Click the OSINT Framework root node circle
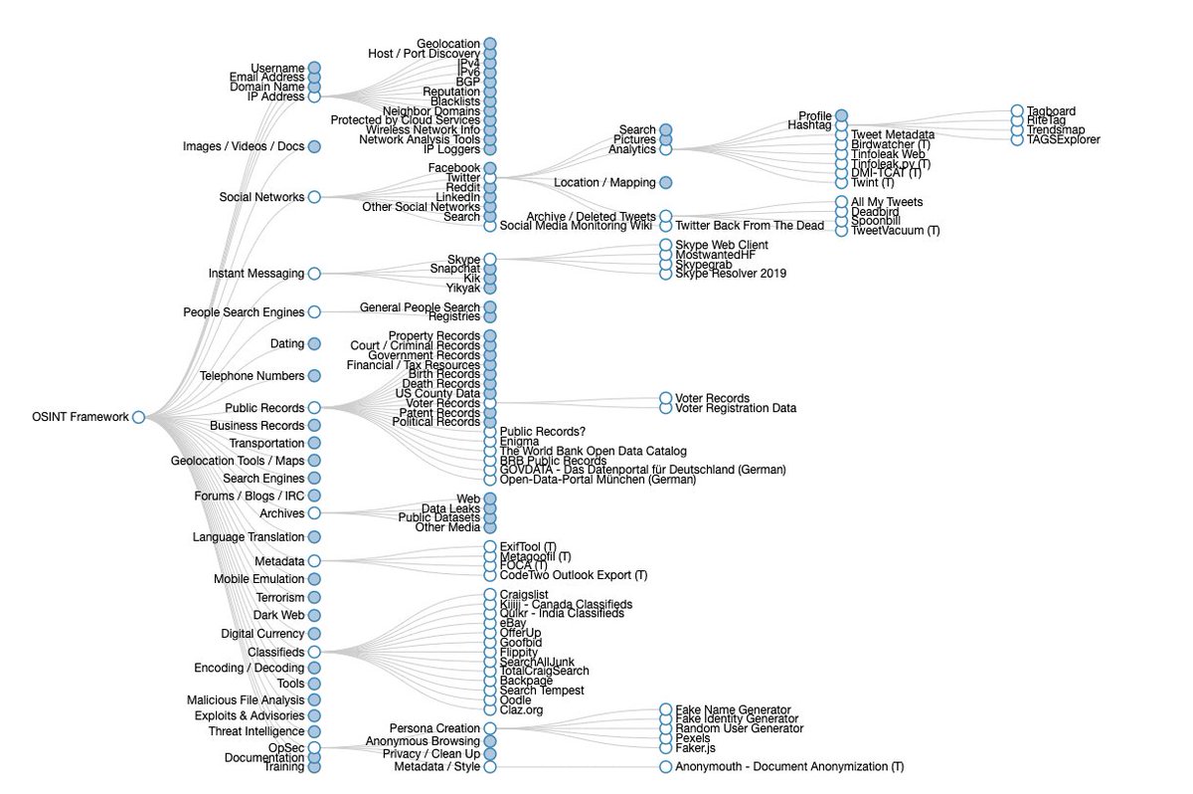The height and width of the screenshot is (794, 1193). click(138, 417)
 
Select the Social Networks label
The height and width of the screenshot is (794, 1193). click(261, 197)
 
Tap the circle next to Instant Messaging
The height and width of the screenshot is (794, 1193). click(314, 273)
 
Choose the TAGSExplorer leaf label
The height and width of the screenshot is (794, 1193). click(1064, 140)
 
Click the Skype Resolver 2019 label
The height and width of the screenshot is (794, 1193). click(731, 274)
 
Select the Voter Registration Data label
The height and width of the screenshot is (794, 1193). click(736, 408)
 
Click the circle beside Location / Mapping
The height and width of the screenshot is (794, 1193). click(665, 182)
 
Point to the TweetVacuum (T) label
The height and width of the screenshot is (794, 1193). click(895, 231)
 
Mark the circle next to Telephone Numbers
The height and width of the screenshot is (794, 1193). click(314, 376)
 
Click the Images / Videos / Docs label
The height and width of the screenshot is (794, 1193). click(244, 147)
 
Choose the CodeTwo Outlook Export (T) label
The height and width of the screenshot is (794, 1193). click(574, 575)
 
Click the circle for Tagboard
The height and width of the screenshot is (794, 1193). click(1017, 110)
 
